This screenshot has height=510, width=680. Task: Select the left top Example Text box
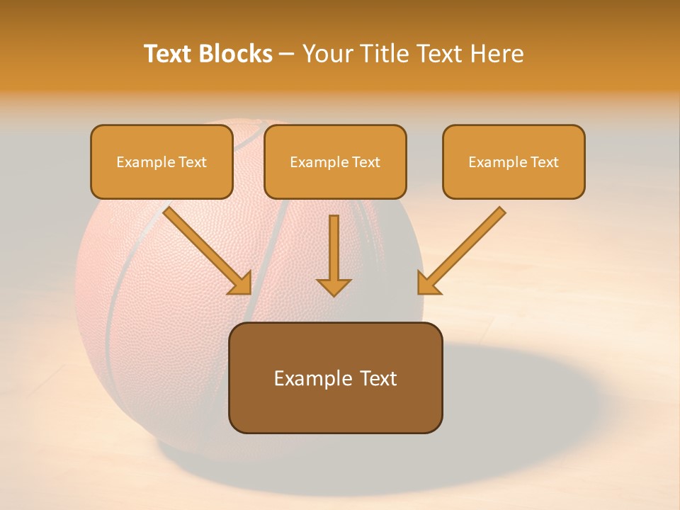[161, 161]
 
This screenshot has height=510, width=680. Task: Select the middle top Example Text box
[335, 161]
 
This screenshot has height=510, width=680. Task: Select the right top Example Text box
[514, 161]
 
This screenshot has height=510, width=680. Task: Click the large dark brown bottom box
[335, 378]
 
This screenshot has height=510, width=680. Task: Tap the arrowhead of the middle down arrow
[334, 286]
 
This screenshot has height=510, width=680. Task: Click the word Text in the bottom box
[375, 378]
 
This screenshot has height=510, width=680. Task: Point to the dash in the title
[287, 55]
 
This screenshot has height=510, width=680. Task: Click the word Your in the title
[327, 54]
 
